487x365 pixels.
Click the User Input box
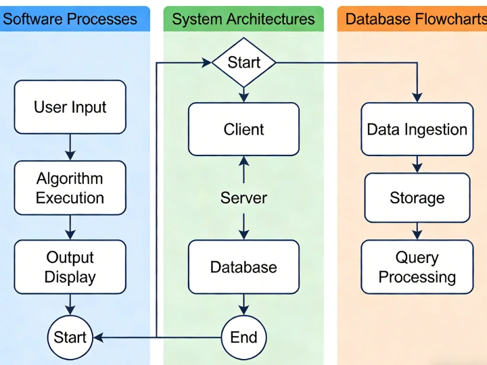(x=70, y=107)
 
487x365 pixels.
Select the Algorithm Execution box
(x=70, y=188)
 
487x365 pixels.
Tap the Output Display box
(x=70, y=267)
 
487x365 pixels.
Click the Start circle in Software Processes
(x=70, y=337)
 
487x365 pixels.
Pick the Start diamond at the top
(x=243, y=63)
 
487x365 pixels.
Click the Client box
(x=243, y=129)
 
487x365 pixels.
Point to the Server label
(x=243, y=198)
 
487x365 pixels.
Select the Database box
(x=243, y=267)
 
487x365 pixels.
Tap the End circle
(x=243, y=337)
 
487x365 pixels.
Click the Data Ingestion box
(x=417, y=129)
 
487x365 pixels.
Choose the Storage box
(x=417, y=198)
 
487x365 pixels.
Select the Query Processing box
(x=417, y=267)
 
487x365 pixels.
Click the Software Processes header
(x=70, y=19)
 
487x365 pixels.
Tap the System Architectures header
(x=243, y=19)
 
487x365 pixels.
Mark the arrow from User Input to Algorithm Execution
(x=70, y=147)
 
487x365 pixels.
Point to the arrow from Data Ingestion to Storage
(x=417, y=164)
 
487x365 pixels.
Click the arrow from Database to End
(x=243, y=305)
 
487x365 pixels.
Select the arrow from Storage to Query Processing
(x=417, y=231)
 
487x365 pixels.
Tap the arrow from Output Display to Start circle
(x=70, y=305)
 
